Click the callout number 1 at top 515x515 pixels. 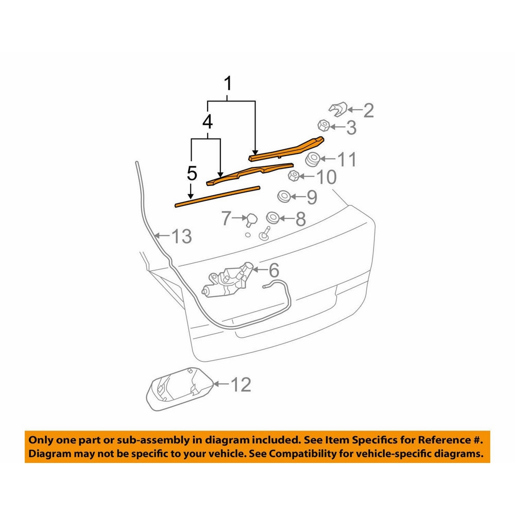[x=228, y=83]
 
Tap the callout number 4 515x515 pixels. [x=208, y=122]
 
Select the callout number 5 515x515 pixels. [x=192, y=173]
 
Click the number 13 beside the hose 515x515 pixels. [x=182, y=236]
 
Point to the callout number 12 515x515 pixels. [x=241, y=385]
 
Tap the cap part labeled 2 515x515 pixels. [x=338, y=109]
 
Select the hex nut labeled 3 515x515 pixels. [x=324, y=125]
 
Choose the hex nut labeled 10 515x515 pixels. [x=294, y=176]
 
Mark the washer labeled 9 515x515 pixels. [x=284, y=196]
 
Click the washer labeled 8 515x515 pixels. [x=272, y=218]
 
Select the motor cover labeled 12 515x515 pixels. [x=180, y=389]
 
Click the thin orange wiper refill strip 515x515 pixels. [x=217, y=197]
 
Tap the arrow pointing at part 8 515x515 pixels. [x=287, y=218]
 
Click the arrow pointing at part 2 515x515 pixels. [x=355, y=109]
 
